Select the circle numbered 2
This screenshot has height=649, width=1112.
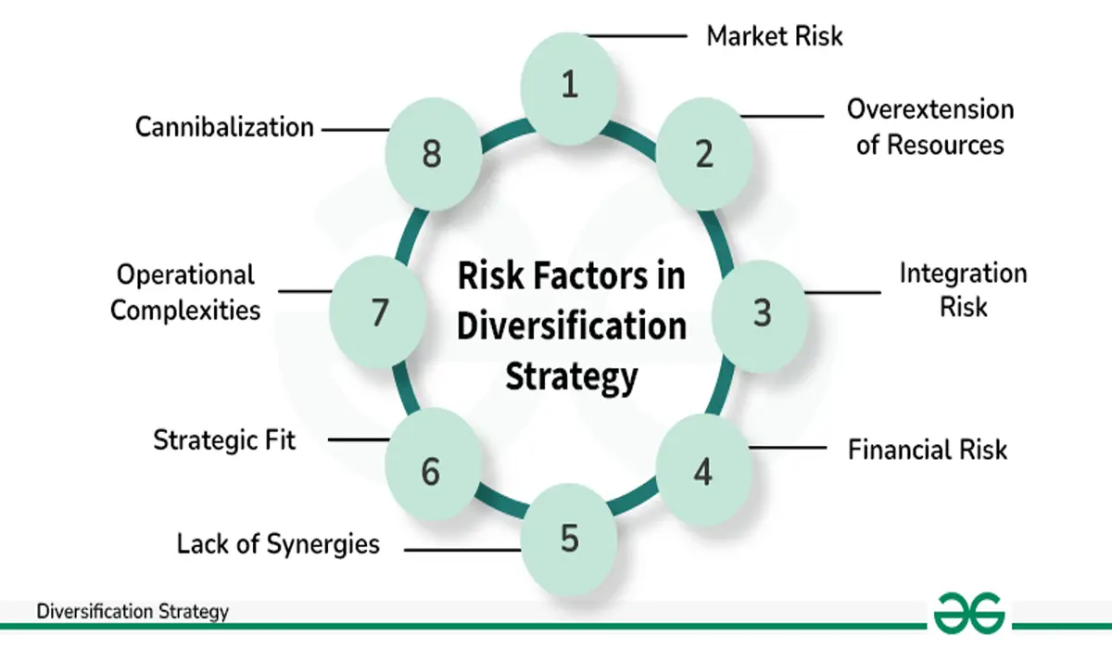click(704, 153)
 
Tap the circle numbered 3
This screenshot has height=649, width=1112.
click(761, 313)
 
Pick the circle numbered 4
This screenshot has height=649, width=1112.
click(703, 472)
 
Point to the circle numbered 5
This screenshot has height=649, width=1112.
click(569, 539)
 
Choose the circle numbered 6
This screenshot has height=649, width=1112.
click(432, 472)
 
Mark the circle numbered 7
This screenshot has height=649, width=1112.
click(378, 313)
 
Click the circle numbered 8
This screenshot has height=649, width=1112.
click(432, 153)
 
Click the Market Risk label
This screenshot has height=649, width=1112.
click(775, 36)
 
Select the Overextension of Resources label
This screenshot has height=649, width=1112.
click(930, 127)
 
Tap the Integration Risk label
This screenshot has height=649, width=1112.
click(963, 289)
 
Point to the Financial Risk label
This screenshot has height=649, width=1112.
click(927, 450)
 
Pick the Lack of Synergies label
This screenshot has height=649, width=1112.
click(278, 543)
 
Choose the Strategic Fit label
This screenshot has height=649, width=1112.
click(224, 439)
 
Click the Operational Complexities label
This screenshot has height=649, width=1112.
click(185, 292)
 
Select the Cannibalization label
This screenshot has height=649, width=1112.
click(225, 127)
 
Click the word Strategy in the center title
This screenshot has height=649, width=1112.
click(571, 376)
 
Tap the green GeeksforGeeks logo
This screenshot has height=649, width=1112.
click(968, 613)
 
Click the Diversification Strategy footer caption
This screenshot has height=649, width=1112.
click(133, 611)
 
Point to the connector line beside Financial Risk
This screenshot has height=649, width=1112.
click(787, 449)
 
